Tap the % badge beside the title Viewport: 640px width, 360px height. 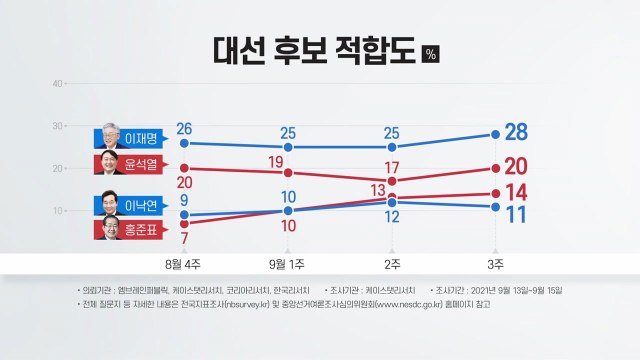(x=431, y=54)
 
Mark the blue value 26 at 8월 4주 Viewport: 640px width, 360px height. (x=184, y=128)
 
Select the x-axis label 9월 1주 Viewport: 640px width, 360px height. (x=289, y=263)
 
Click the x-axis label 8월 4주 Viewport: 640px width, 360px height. (x=184, y=263)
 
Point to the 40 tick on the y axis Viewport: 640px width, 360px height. (x=58, y=83)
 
